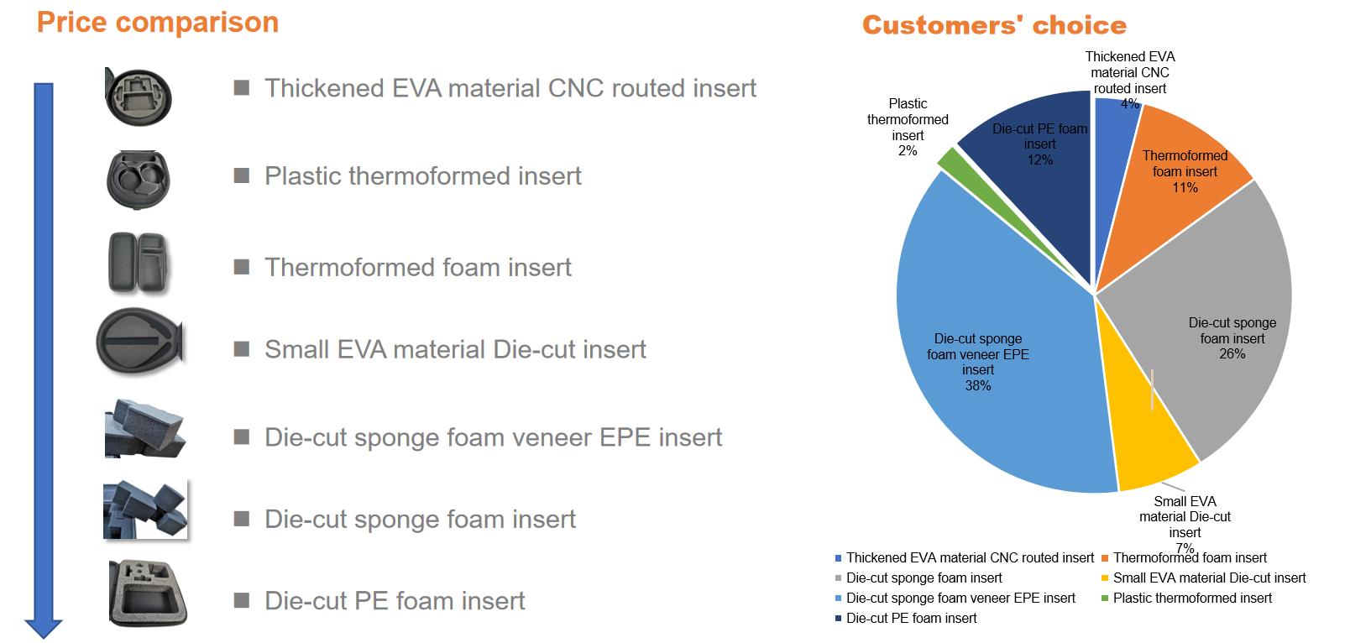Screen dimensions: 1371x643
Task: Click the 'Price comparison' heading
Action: click(x=158, y=23)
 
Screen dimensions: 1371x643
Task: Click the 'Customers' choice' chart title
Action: click(x=994, y=25)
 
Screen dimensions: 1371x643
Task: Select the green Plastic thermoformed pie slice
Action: click(x=952, y=160)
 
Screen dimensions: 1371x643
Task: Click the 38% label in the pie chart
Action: click(x=977, y=385)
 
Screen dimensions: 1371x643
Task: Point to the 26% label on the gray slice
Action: click(x=1232, y=353)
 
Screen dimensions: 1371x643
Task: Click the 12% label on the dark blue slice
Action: click(x=1039, y=159)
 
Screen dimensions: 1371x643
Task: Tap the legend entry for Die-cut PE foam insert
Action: click(x=906, y=619)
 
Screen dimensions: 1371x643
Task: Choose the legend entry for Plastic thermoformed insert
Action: click(x=1186, y=599)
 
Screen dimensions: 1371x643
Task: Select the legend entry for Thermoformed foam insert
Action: click(x=1184, y=558)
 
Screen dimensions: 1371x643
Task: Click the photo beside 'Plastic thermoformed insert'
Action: click(x=138, y=178)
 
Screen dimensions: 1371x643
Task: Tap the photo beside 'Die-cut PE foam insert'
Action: click(x=148, y=593)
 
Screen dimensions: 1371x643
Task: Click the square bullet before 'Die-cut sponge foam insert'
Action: click(x=242, y=519)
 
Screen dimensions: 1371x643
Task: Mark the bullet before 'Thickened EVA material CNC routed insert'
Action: click(x=242, y=88)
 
